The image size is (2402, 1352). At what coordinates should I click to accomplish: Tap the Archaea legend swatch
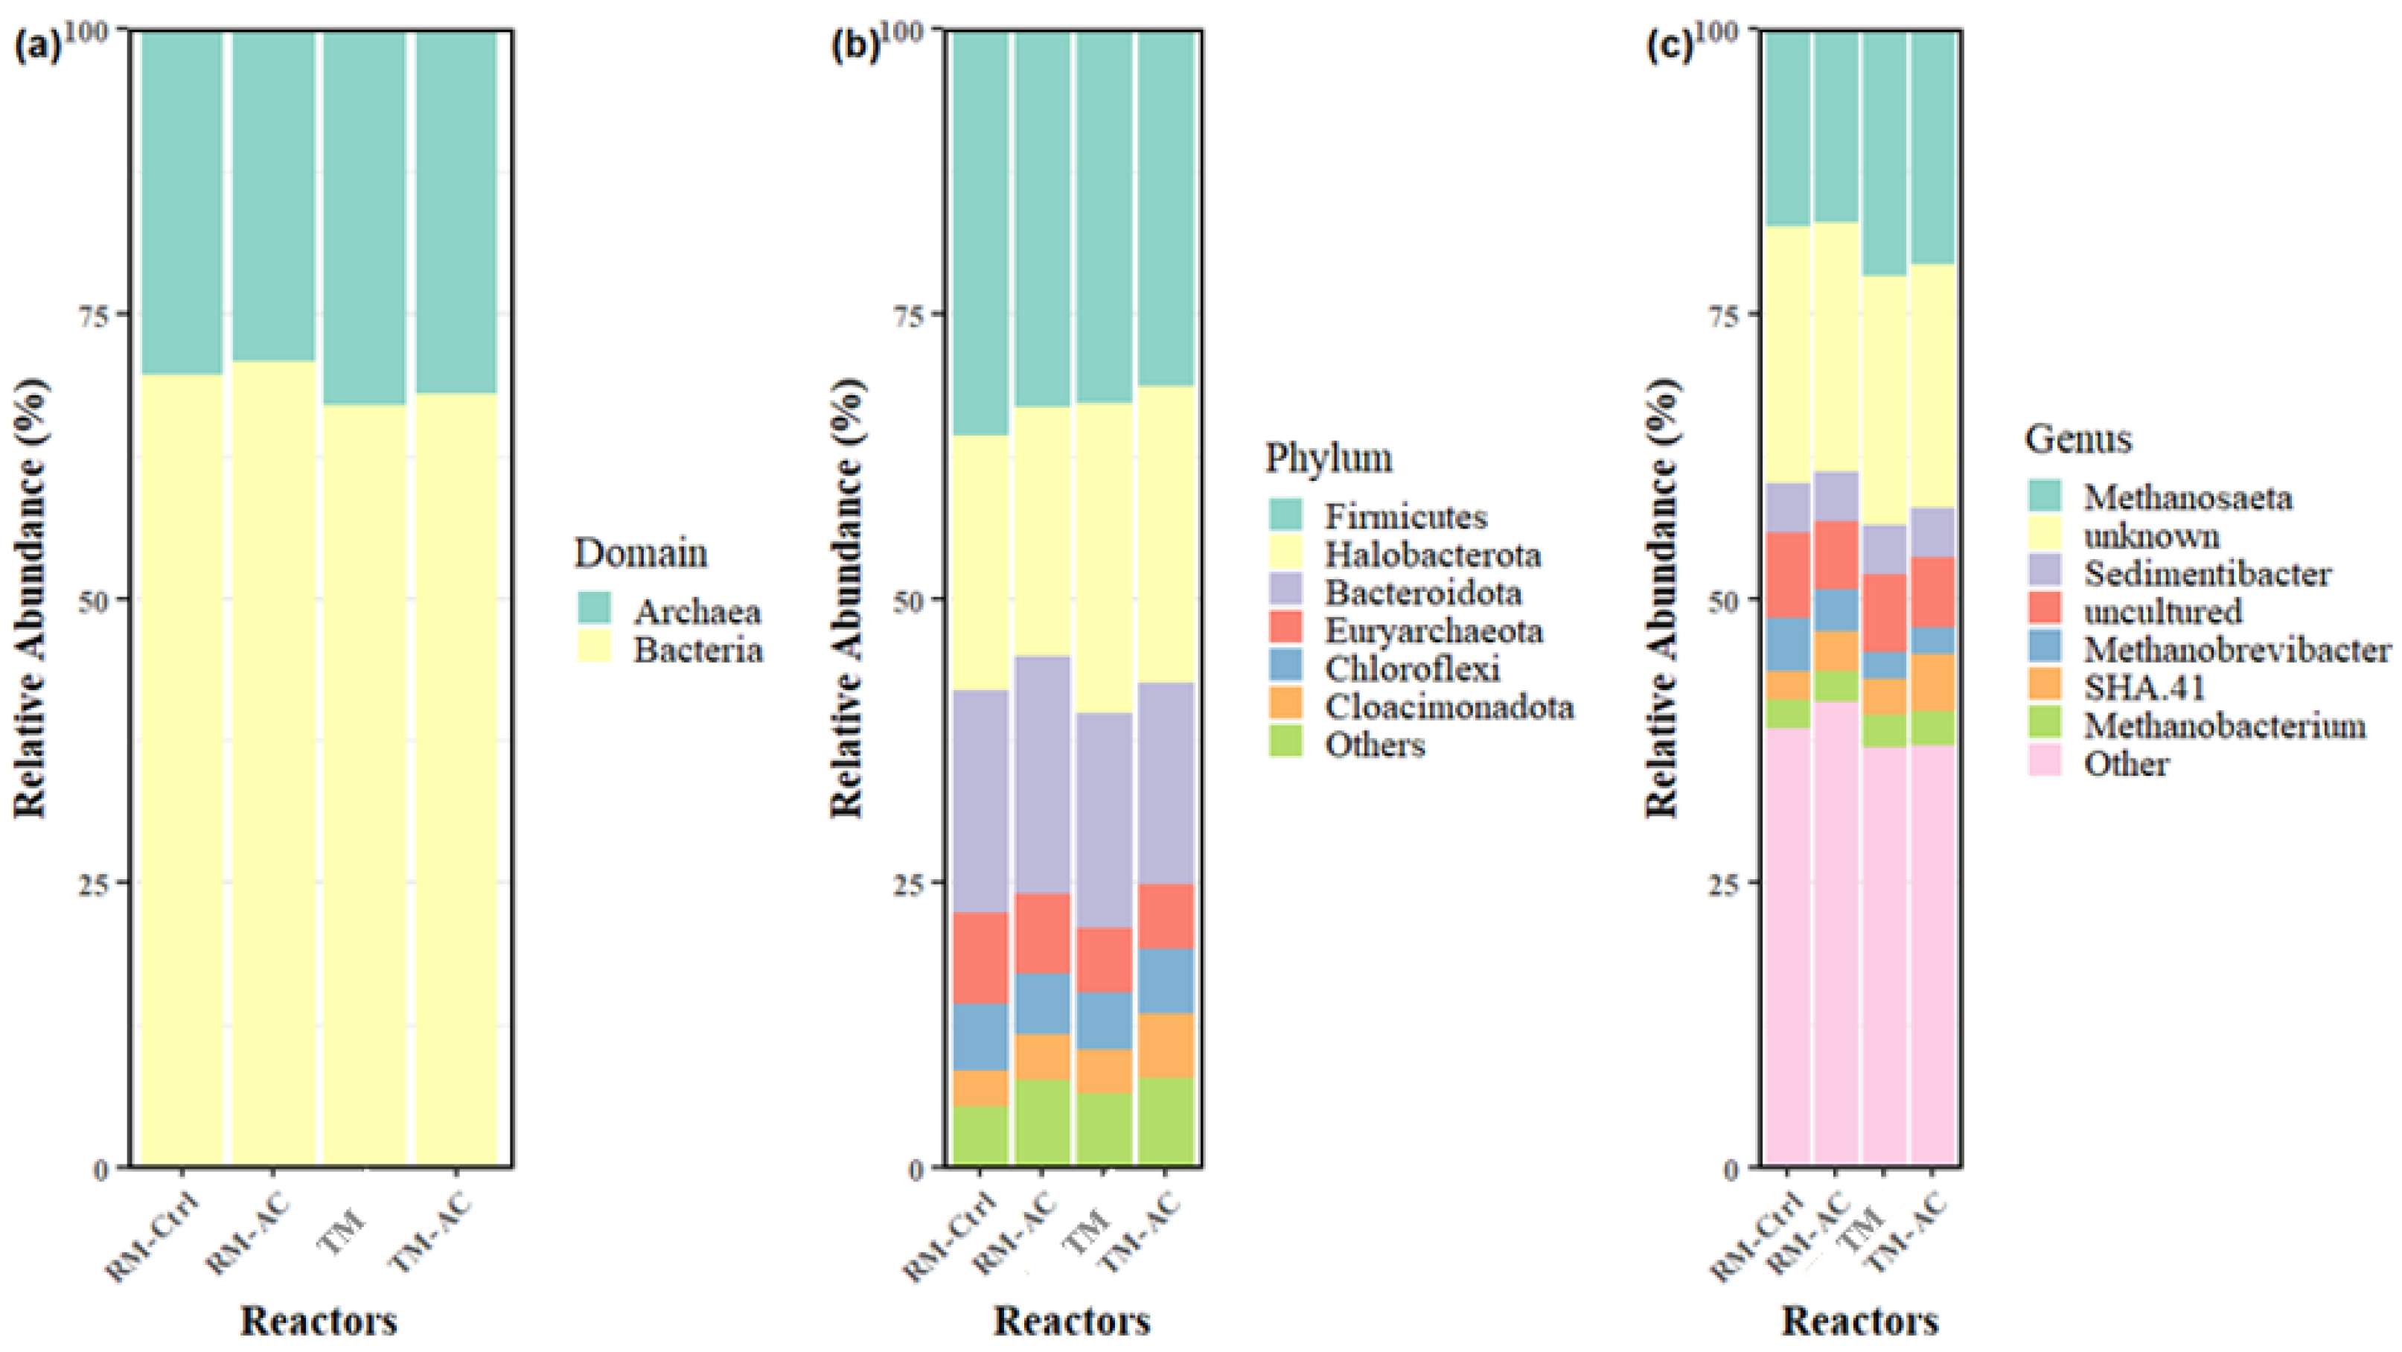(594, 608)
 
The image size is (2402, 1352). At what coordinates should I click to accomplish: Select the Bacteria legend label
(697, 650)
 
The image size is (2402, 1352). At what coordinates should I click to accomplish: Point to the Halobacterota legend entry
(1432, 555)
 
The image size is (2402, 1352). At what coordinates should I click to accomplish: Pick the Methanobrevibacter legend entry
(2237, 650)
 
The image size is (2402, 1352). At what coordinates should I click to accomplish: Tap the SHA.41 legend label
(2144, 688)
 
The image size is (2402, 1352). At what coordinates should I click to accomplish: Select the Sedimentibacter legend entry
(2207, 573)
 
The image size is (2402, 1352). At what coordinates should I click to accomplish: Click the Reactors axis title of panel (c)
(1860, 1320)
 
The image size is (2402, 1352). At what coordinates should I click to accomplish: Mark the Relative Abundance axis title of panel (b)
(846, 598)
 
